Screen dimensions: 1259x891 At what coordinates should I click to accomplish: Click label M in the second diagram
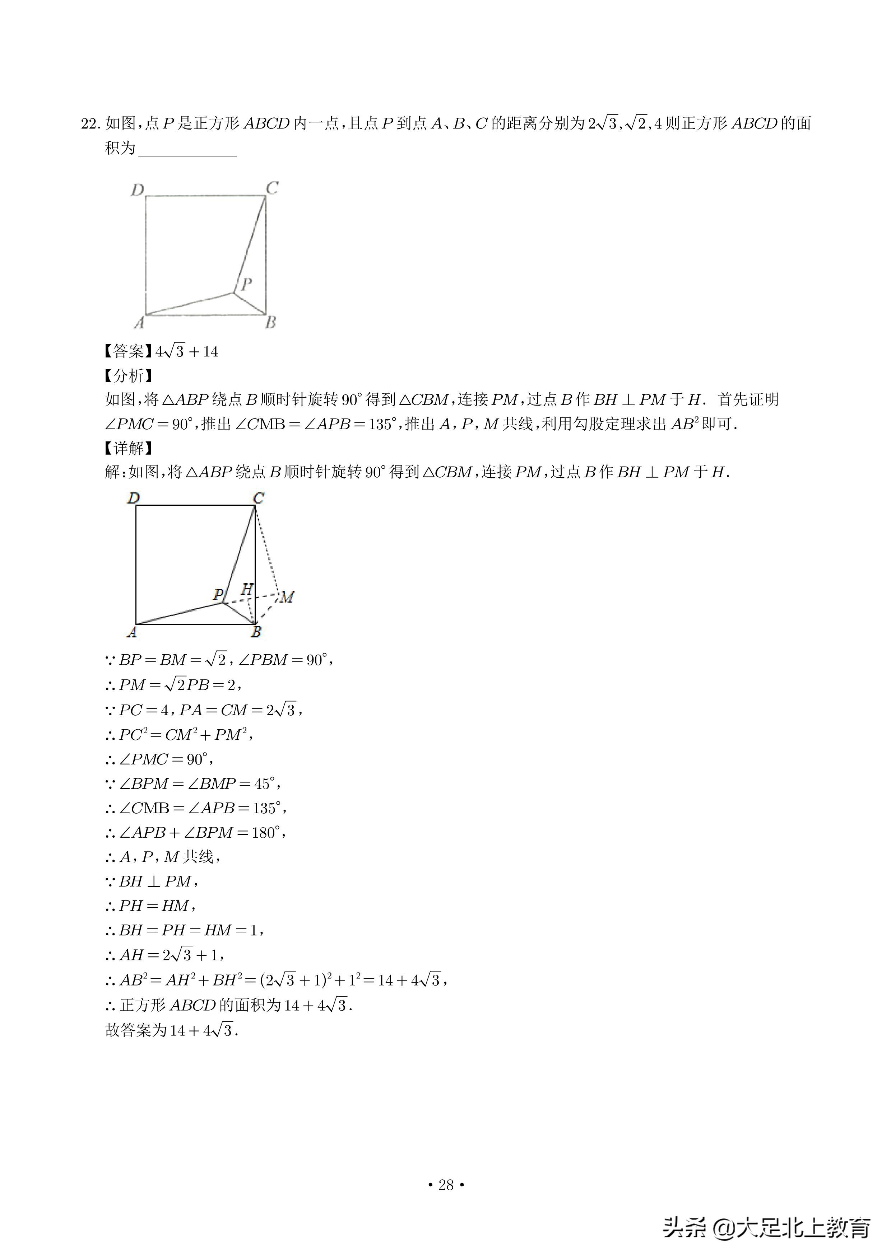pyautogui.click(x=288, y=596)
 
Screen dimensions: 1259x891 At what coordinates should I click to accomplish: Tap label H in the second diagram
pyautogui.click(x=247, y=589)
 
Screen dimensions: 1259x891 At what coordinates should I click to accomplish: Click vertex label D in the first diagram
pyautogui.click(x=137, y=190)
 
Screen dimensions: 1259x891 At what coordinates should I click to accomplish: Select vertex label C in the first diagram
pyautogui.click(x=272, y=188)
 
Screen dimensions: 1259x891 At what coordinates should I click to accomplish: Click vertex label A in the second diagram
pyautogui.click(x=132, y=632)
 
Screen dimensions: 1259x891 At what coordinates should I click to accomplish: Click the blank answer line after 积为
pyautogui.click(x=187, y=150)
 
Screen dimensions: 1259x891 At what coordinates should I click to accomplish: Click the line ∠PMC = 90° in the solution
pyautogui.click(x=159, y=759)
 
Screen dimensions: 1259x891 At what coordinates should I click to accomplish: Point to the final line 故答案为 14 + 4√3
pyautogui.click(x=172, y=1030)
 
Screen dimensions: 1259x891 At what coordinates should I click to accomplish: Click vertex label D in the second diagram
pyautogui.click(x=134, y=498)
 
